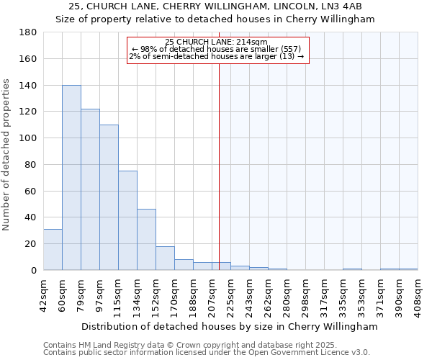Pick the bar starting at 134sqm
pyautogui.click(x=146, y=240)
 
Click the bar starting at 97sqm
pyautogui.click(x=109, y=197)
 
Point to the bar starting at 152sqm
pyautogui.click(x=165, y=258)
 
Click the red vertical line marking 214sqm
pyautogui.click(x=220, y=166)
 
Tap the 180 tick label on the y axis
pyautogui.click(x=30, y=32)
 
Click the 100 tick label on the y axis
pyautogui.click(x=30, y=138)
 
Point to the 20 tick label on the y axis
pyautogui.click(x=32, y=244)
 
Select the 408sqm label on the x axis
pyautogui.click(x=418, y=294)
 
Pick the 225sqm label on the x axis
pyautogui.click(x=230, y=294)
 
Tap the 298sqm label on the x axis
pyautogui.click(x=305, y=294)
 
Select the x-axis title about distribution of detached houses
pyautogui.click(x=230, y=327)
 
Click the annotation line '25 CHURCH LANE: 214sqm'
pyautogui.click(x=216, y=42)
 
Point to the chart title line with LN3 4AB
pyautogui.click(x=215, y=6)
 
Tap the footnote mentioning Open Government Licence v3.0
pyautogui.click(x=207, y=352)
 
